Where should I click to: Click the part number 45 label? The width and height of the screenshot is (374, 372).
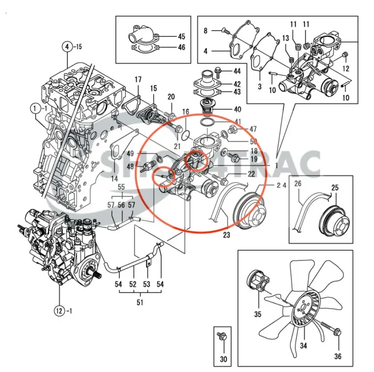[x=181, y=36]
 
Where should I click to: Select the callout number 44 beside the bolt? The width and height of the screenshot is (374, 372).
[x=237, y=71]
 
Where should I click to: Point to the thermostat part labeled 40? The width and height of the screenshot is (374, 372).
[x=206, y=109]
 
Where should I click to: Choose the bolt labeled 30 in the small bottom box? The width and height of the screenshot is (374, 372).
[x=222, y=337]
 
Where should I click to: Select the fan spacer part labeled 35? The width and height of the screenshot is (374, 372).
[x=257, y=282]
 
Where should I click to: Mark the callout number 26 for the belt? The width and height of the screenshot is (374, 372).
[x=298, y=184]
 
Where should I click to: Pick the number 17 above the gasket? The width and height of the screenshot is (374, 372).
[x=138, y=80]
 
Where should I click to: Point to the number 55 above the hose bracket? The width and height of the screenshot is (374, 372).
[x=121, y=187]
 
